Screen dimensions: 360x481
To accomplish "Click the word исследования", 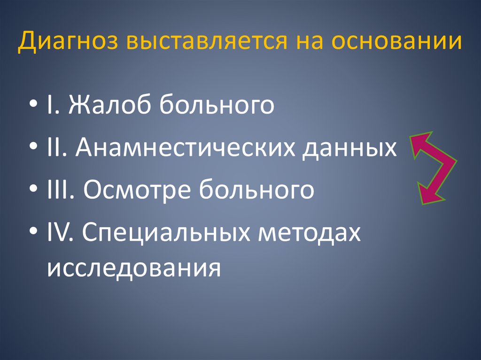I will click(134, 268).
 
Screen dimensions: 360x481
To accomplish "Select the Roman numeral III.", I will click(59, 191).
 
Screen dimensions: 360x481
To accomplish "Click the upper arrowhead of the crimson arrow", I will click(419, 143).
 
